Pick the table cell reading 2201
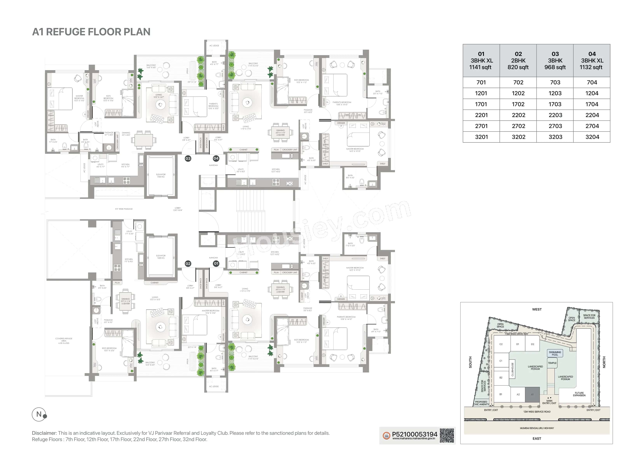(x=481, y=115)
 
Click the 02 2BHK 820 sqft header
(x=518, y=60)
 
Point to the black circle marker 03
(x=188, y=158)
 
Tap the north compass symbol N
(x=39, y=414)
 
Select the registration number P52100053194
(x=414, y=434)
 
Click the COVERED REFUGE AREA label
(x=64, y=340)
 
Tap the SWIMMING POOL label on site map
(x=555, y=353)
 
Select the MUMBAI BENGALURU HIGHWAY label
(x=537, y=428)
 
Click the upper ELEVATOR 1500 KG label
(x=161, y=175)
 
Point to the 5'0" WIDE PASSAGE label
(x=124, y=209)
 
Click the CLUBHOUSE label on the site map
(x=513, y=369)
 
